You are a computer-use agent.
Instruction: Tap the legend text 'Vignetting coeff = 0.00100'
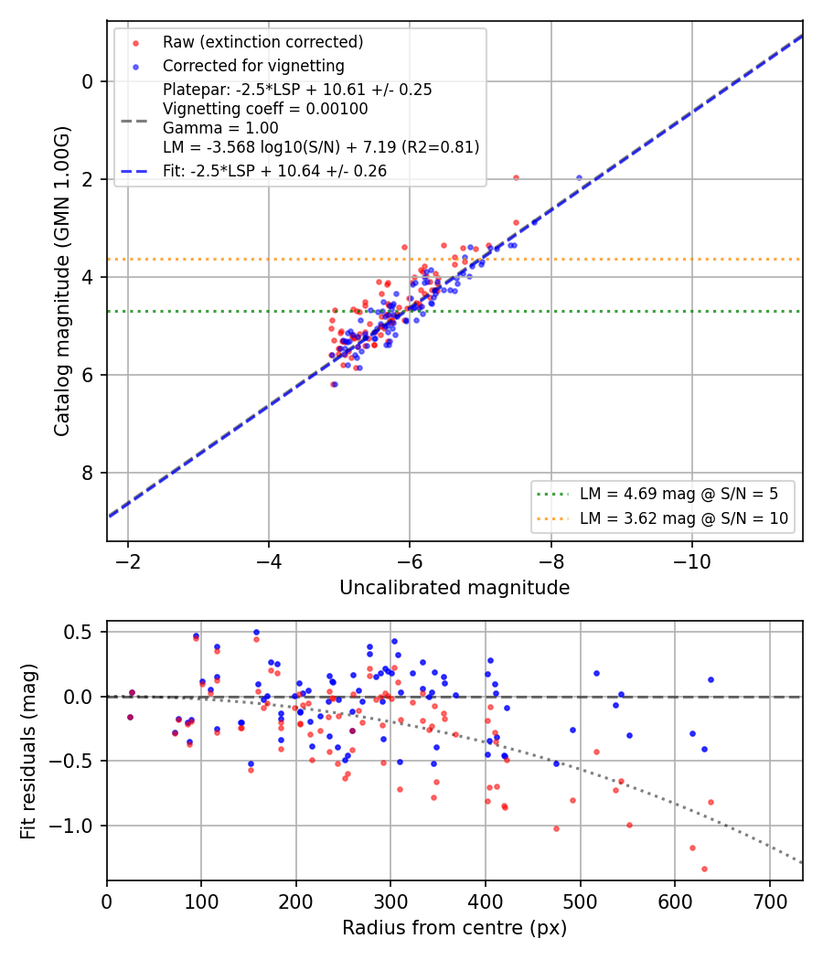[265, 109]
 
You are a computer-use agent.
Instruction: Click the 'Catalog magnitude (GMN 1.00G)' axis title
[62, 282]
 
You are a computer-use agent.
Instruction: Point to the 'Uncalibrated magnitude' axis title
[454, 588]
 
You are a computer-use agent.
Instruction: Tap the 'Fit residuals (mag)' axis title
[28, 752]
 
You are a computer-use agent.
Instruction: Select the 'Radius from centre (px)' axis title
[454, 928]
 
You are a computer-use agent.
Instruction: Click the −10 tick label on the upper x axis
[692, 561]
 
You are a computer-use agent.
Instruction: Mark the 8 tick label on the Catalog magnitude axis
[88, 473]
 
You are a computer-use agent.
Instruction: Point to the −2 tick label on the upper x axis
[127, 561]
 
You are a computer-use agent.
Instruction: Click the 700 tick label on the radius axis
[769, 901]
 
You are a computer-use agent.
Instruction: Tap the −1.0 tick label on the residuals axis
[71, 826]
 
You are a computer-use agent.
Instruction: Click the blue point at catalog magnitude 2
[579, 178]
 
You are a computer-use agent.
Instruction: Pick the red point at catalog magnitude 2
[517, 178]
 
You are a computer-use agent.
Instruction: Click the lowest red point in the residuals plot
[704, 869]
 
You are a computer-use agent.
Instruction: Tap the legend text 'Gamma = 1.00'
[220, 128]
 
